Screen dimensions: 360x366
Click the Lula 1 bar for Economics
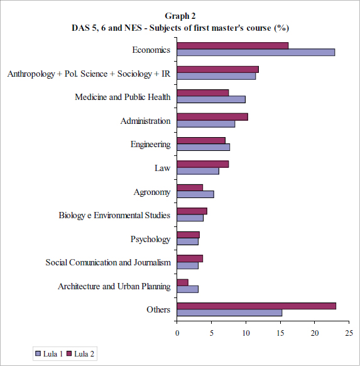[x=256, y=52]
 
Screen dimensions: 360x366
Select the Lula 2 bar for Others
[x=256, y=306]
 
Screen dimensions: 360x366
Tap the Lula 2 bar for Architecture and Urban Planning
[x=183, y=282]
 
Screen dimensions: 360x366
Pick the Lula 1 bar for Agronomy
[x=195, y=194]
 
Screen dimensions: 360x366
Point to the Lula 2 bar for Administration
[x=212, y=117]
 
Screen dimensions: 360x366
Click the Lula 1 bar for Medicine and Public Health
[x=211, y=99]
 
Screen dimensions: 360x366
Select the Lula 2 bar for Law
[x=203, y=164]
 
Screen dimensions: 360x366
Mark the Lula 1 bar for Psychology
[x=188, y=241]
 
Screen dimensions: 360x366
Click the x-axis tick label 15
[x=280, y=333]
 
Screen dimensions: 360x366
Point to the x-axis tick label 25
[x=349, y=333]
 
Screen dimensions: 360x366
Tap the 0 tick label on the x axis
[x=177, y=333]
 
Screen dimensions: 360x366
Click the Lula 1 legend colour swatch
[x=38, y=353]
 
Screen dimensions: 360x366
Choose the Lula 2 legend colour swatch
[x=69, y=353]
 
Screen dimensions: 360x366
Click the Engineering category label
[x=151, y=145]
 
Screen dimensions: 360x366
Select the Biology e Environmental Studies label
[x=114, y=215]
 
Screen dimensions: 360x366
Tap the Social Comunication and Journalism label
[x=108, y=262]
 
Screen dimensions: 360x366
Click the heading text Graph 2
[x=180, y=16]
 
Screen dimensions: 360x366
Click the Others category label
[x=158, y=309]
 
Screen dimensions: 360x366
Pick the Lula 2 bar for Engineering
[x=201, y=140]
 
